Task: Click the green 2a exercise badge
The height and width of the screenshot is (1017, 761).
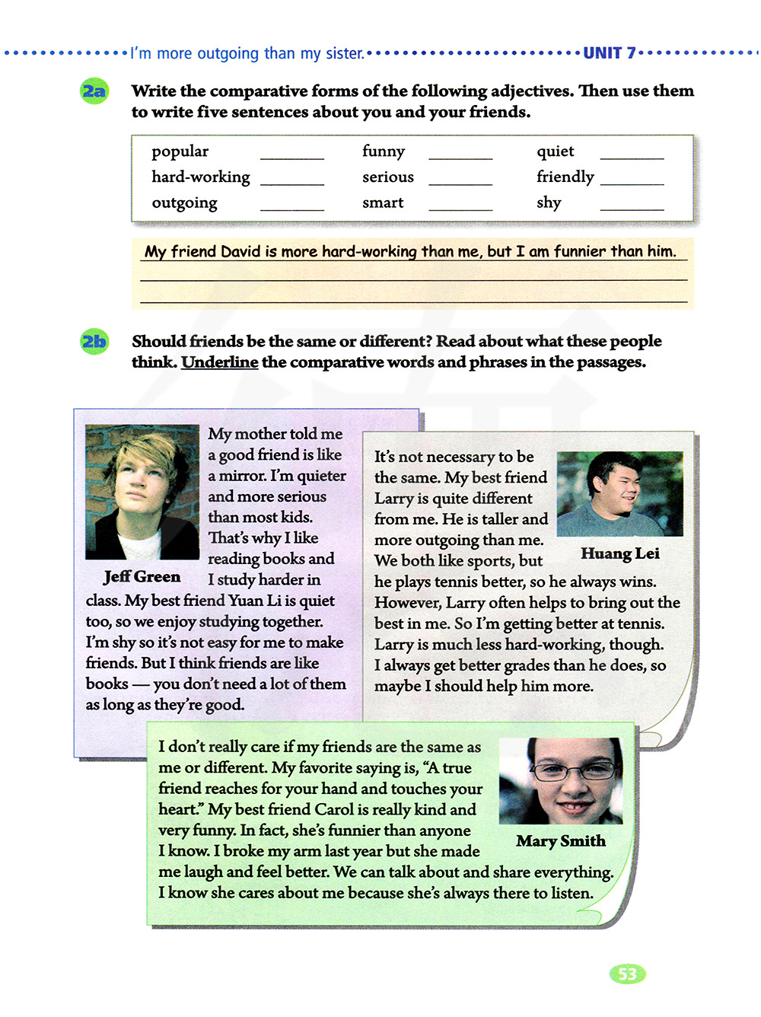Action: tap(94, 92)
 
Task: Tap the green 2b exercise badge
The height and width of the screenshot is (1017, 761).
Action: tap(94, 342)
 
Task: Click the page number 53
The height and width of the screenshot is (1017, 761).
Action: tap(627, 974)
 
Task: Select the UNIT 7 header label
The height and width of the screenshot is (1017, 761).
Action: tap(609, 53)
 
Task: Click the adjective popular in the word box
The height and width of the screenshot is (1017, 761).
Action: tap(180, 151)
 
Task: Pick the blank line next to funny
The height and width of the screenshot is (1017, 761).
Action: tap(460, 156)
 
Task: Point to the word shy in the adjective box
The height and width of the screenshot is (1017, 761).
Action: tap(549, 203)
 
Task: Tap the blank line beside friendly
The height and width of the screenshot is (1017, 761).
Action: tap(632, 182)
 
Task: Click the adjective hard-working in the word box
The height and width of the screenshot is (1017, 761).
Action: tap(201, 177)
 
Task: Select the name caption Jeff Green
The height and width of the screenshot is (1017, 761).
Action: tap(142, 577)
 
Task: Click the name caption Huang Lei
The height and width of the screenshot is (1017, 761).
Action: tap(619, 553)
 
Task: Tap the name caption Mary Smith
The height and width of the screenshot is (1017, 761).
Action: tap(561, 841)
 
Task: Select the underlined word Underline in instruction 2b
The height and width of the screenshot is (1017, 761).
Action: tap(220, 362)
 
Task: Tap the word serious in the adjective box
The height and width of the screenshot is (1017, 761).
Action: tap(388, 177)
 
